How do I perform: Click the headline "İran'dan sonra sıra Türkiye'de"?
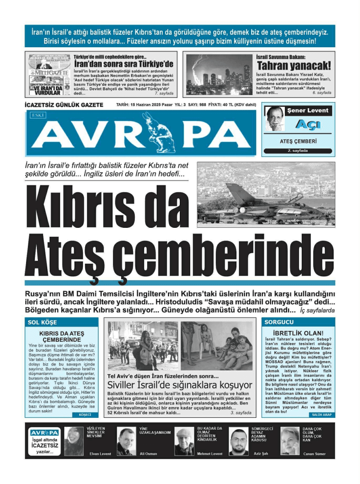tap(124, 64)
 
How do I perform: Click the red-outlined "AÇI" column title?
tap(307, 124)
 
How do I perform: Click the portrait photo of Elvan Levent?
tap(74, 440)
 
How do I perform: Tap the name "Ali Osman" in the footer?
tap(149, 454)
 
